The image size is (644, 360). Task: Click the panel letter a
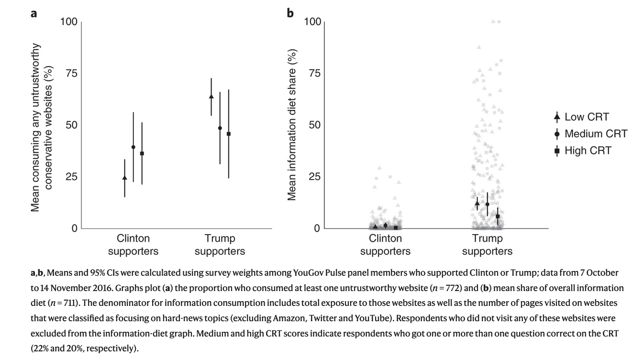click(33, 13)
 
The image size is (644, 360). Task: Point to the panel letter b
click(290, 13)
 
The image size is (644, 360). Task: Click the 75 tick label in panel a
click(71, 73)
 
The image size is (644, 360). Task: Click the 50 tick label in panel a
click(71, 125)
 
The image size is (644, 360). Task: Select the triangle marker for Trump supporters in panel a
click(211, 97)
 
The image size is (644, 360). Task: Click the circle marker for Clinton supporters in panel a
click(133, 147)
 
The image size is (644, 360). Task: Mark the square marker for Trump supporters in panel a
click(229, 134)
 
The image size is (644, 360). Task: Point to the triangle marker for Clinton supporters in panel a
click(125, 178)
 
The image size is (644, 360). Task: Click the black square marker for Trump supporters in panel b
click(498, 216)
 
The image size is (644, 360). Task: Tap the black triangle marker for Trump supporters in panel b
click(477, 203)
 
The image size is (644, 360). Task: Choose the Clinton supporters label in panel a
click(133, 245)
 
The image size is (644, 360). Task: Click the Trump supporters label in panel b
click(487, 245)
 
